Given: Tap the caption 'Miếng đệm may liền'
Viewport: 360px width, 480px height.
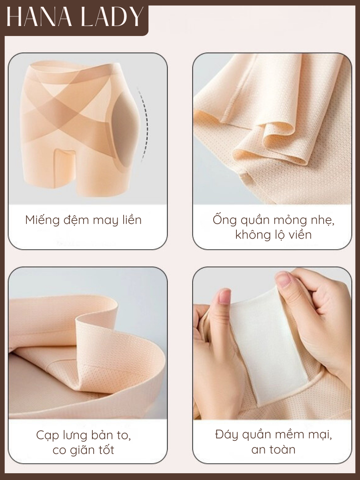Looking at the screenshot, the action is click(x=84, y=220).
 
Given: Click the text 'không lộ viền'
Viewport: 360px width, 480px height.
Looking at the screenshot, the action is click(x=274, y=235).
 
